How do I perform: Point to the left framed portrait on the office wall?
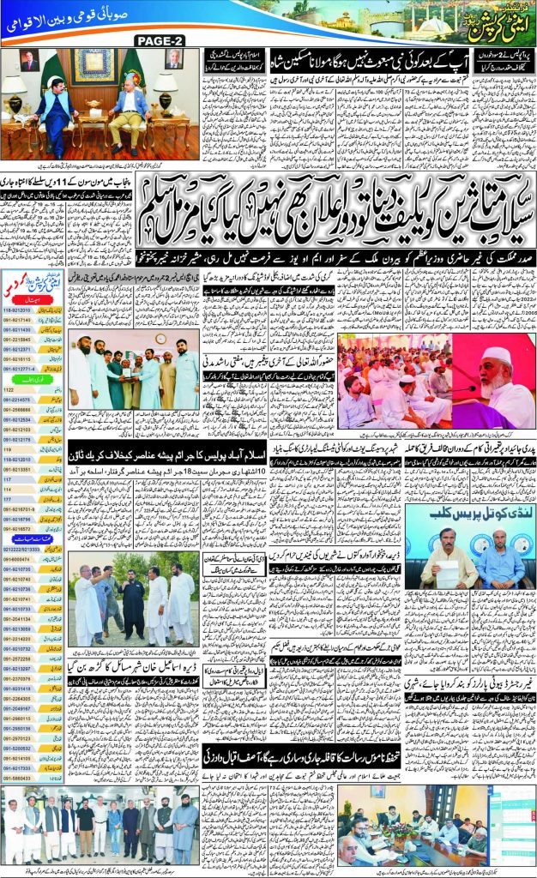click(x=28, y=61)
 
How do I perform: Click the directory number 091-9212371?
click(x=19, y=349)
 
